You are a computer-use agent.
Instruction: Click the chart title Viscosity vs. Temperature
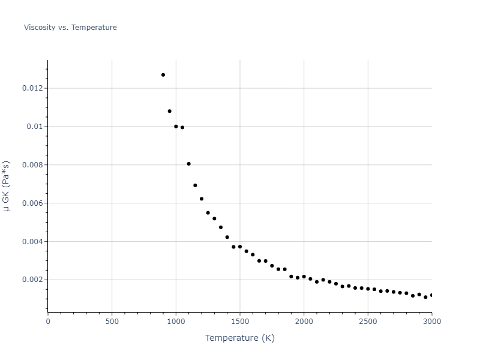click(70, 28)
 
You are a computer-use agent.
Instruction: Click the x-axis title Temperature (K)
click(239, 338)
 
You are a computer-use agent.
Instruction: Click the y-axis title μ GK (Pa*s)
click(7, 186)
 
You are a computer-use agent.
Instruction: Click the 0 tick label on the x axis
click(48, 322)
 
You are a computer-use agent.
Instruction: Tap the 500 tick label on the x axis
click(112, 322)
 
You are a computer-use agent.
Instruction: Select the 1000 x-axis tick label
click(176, 322)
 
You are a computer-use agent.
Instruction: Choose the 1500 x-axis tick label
click(240, 322)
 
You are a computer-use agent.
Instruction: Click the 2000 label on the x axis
click(304, 322)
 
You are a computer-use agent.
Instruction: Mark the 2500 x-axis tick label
click(368, 322)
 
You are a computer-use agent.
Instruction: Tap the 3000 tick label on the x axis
click(431, 322)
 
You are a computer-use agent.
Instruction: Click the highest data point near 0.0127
click(163, 75)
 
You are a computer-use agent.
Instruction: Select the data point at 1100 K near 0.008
click(188, 164)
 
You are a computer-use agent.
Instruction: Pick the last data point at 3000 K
click(431, 295)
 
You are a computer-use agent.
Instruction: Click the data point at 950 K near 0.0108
click(169, 111)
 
